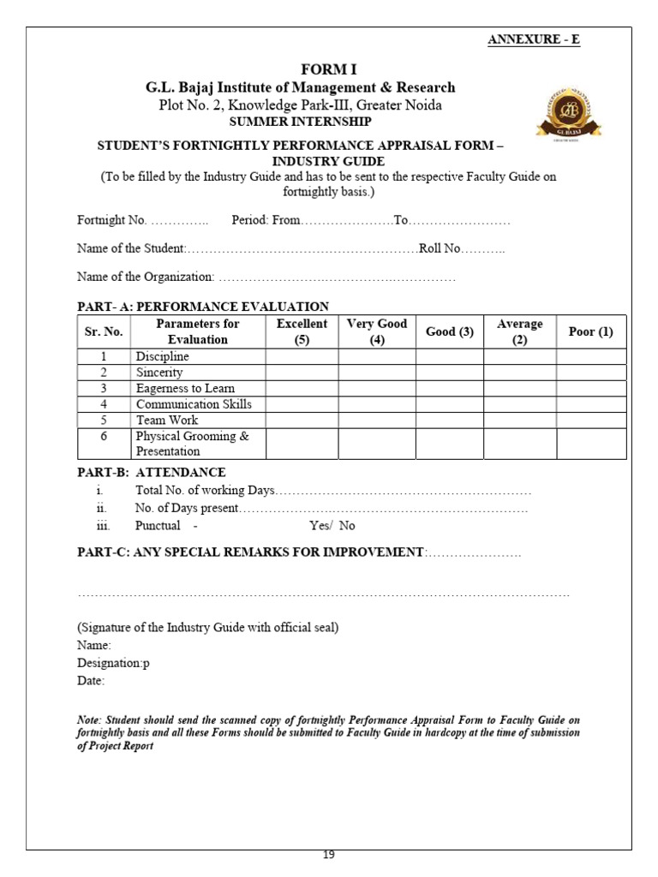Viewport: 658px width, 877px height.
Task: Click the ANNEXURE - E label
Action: (x=533, y=39)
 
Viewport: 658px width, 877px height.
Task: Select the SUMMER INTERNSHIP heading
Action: (x=300, y=121)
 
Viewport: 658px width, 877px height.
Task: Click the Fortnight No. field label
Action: (x=111, y=220)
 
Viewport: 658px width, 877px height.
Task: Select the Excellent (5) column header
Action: (x=302, y=331)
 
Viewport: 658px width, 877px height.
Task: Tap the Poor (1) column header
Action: (x=591, y=331)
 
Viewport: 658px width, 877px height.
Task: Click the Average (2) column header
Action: (x=519, y=331)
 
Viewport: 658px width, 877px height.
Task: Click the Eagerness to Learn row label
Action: (x=185, y=388)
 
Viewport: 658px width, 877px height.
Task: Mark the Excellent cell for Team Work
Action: (x=302, y=421)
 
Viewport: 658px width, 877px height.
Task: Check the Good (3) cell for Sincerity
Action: (x=450, y=373)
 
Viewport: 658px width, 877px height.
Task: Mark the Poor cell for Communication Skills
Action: (x=591, y=404)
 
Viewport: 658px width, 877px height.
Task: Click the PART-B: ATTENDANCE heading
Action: (x=152, y=472)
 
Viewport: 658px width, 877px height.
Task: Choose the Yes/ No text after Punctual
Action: (x=332, y=526)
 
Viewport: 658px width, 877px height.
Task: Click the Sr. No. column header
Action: (x=104, y=331)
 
